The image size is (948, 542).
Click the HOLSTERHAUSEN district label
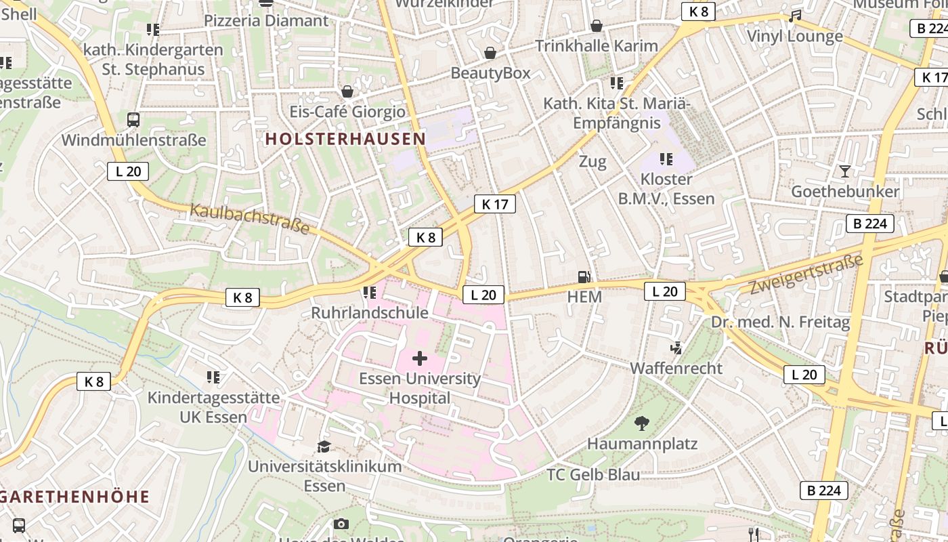pyautogui.click(x=345, y=139)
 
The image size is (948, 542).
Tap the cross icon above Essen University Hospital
pyautogui.click(x=420, y=358)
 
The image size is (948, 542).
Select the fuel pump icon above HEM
pyautogui.click(x=584, y=276)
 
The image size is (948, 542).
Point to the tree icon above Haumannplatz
pyautogui.click(x=641, y=423)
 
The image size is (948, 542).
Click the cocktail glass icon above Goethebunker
pyautogui.click(x=844, y=171)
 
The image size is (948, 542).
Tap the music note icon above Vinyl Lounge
pyautogui.click(x=795, y=16)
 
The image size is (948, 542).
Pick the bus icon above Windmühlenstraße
pyautogui.click(x=133, y=120)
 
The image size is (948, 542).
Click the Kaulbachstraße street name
pyautogui.click(x=250, y=218)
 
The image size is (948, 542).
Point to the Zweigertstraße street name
pyautogui.click(x=806, y=274)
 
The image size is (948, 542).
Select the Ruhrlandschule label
pyautogui.click(x=370, y=312)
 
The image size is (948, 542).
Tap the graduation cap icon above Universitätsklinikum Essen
pyautogui.click(x=324, y=446)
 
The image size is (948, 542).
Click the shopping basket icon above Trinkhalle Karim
pyautogui.click(x=597, y=26)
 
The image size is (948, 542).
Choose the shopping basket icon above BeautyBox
pyautogui.click(x=490, y=53)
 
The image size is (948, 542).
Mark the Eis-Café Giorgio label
pyautogui.click(x=347, y=112)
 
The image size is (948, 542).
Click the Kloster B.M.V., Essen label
pyautogui.click(x=666, y=189)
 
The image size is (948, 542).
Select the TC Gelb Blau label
pyautogui.click(x=593, y=474)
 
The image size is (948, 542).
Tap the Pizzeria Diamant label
pyautogui.click(x=266, y=20)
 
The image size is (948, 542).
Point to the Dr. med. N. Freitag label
pyautogui.click(x=780, y=322)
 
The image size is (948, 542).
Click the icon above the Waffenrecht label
pyautogui.click(x=675, y=348)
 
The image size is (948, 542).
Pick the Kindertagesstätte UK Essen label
pyautogui.click(x=213, y=406)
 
